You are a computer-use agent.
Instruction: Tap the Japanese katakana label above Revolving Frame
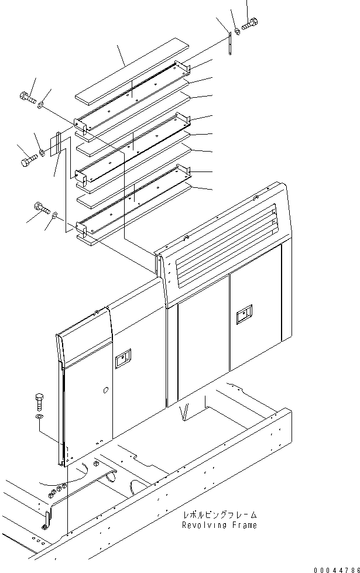click(220, 516)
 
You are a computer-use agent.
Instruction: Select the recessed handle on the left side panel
click(123, 358)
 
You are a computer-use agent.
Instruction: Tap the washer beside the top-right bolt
click(236, 30)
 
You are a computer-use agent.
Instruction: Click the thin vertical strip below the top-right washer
click(231, 44)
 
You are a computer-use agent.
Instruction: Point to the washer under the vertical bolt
click(38, 416)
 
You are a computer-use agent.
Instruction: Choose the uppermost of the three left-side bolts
click(27, 97)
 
